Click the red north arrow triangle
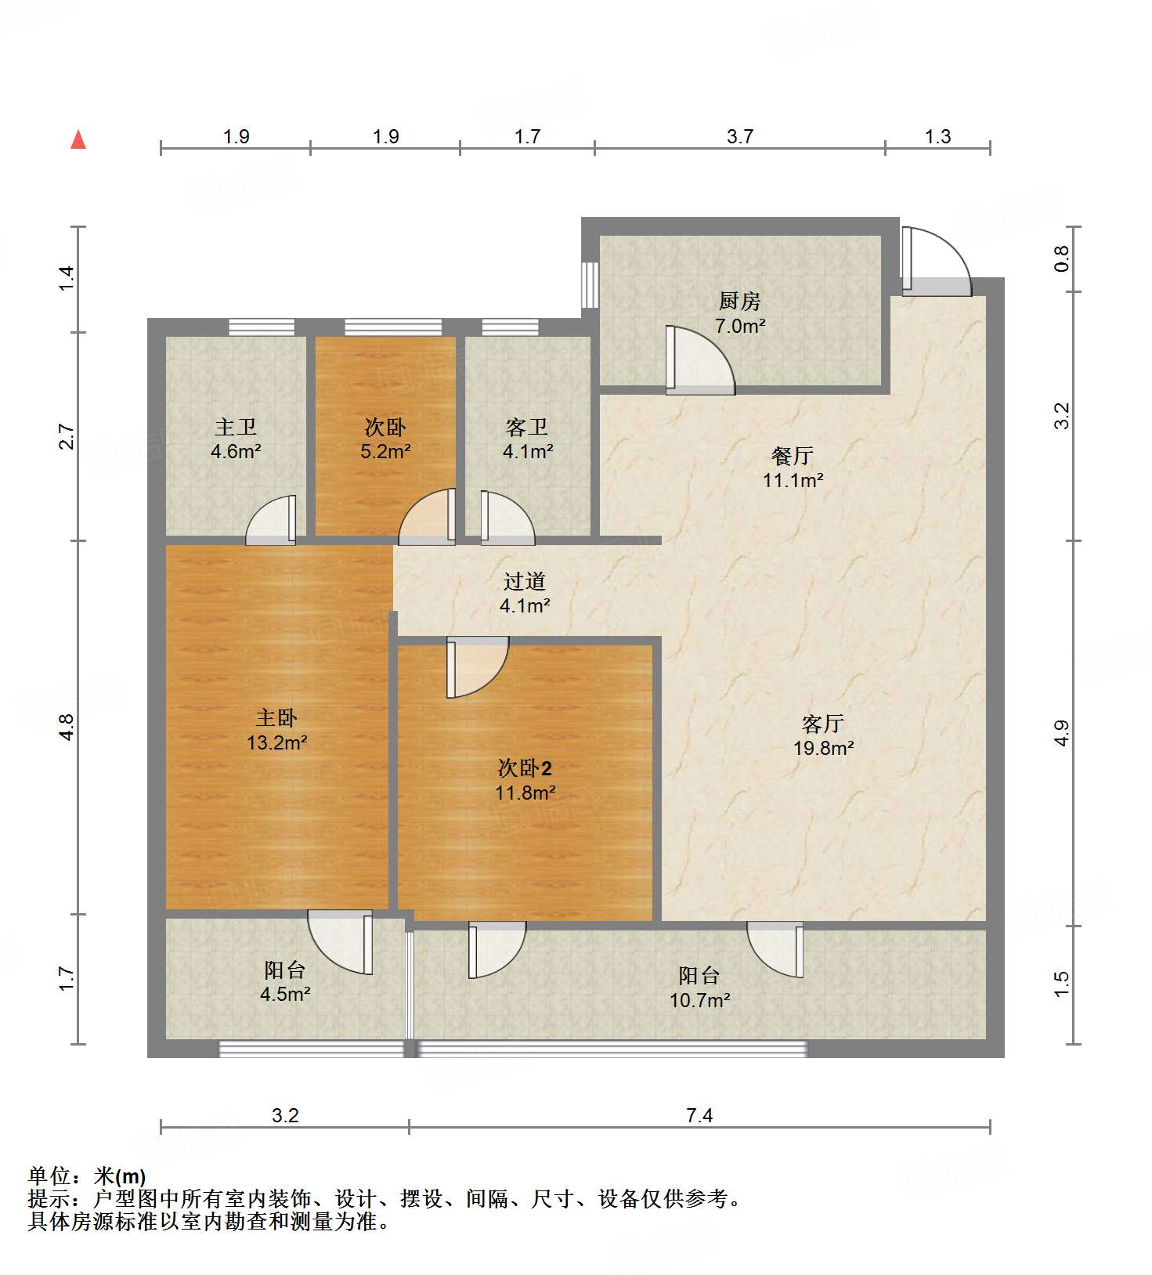[x=78, y=140]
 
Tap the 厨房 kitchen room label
[x=739, y=301]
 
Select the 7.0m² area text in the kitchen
[x=739, y=326]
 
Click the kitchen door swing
[x=699, y=361]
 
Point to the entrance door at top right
[x=935, y=261]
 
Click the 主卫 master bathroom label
[x=236, y=427]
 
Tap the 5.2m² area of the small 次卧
[x=385, y=452]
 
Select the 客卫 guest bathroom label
[x=527, y=427]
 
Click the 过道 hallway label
[x=525, y=581]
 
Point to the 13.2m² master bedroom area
[x=276, y=742]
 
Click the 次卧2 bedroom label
[x=525, y=768]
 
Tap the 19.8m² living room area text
[x=823, y=748]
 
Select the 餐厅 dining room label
[x=793, y=455]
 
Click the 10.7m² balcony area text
[x=699, y=1000]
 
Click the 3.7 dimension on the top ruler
[x=739, y=137]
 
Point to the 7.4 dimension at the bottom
[x=699, y=1115]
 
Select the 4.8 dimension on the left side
[x=67, y=727]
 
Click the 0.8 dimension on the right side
[x=1061, y=258]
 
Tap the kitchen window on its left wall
[x=590, y=284]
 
